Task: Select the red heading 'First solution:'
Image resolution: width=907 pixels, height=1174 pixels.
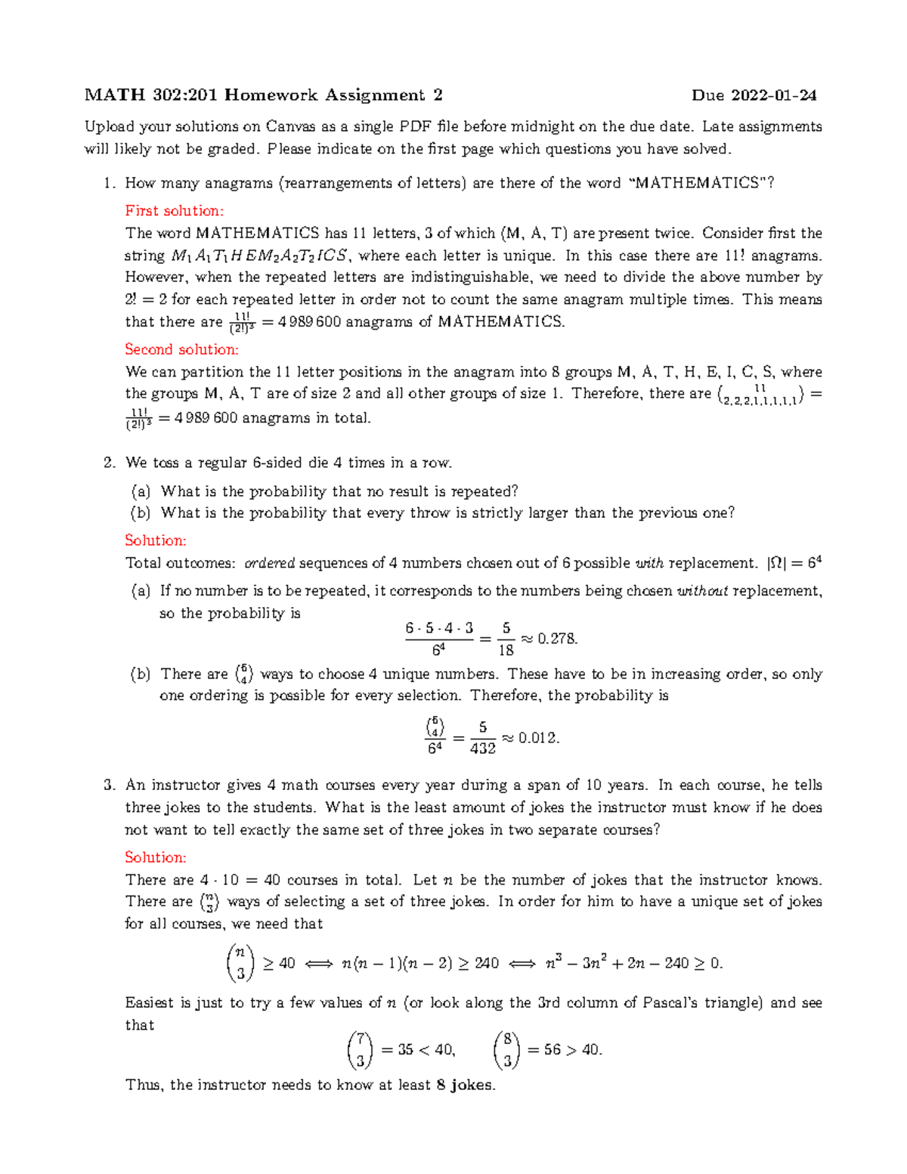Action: pos(174,211)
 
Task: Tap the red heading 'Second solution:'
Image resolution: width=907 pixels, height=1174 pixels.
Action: pos(181,349)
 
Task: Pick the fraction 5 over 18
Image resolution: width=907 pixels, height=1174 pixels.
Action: pos(506,639)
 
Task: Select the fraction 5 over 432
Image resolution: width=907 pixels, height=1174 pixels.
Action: pos(482,738)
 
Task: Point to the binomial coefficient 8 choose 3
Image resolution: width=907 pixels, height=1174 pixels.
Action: pos(506,1050)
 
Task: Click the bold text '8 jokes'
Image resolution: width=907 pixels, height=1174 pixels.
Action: pos(465,1085)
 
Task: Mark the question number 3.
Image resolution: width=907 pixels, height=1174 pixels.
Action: pos(109,785)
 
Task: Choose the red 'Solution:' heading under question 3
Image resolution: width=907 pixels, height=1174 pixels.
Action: pos(155,857)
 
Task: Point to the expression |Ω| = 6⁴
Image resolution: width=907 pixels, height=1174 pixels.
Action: pos(794,563)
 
